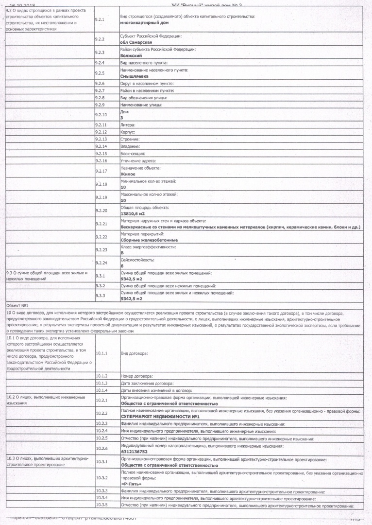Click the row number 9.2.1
pos(99,20)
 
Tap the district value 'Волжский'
pos(131,55)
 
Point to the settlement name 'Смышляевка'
pos(134,76)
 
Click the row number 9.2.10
pos(101,115)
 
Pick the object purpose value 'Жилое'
pos(128,174)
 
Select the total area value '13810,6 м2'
pos(134,213)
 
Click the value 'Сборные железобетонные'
pos(149,240)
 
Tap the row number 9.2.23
pos(101,250)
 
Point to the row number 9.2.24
pos(101,263)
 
